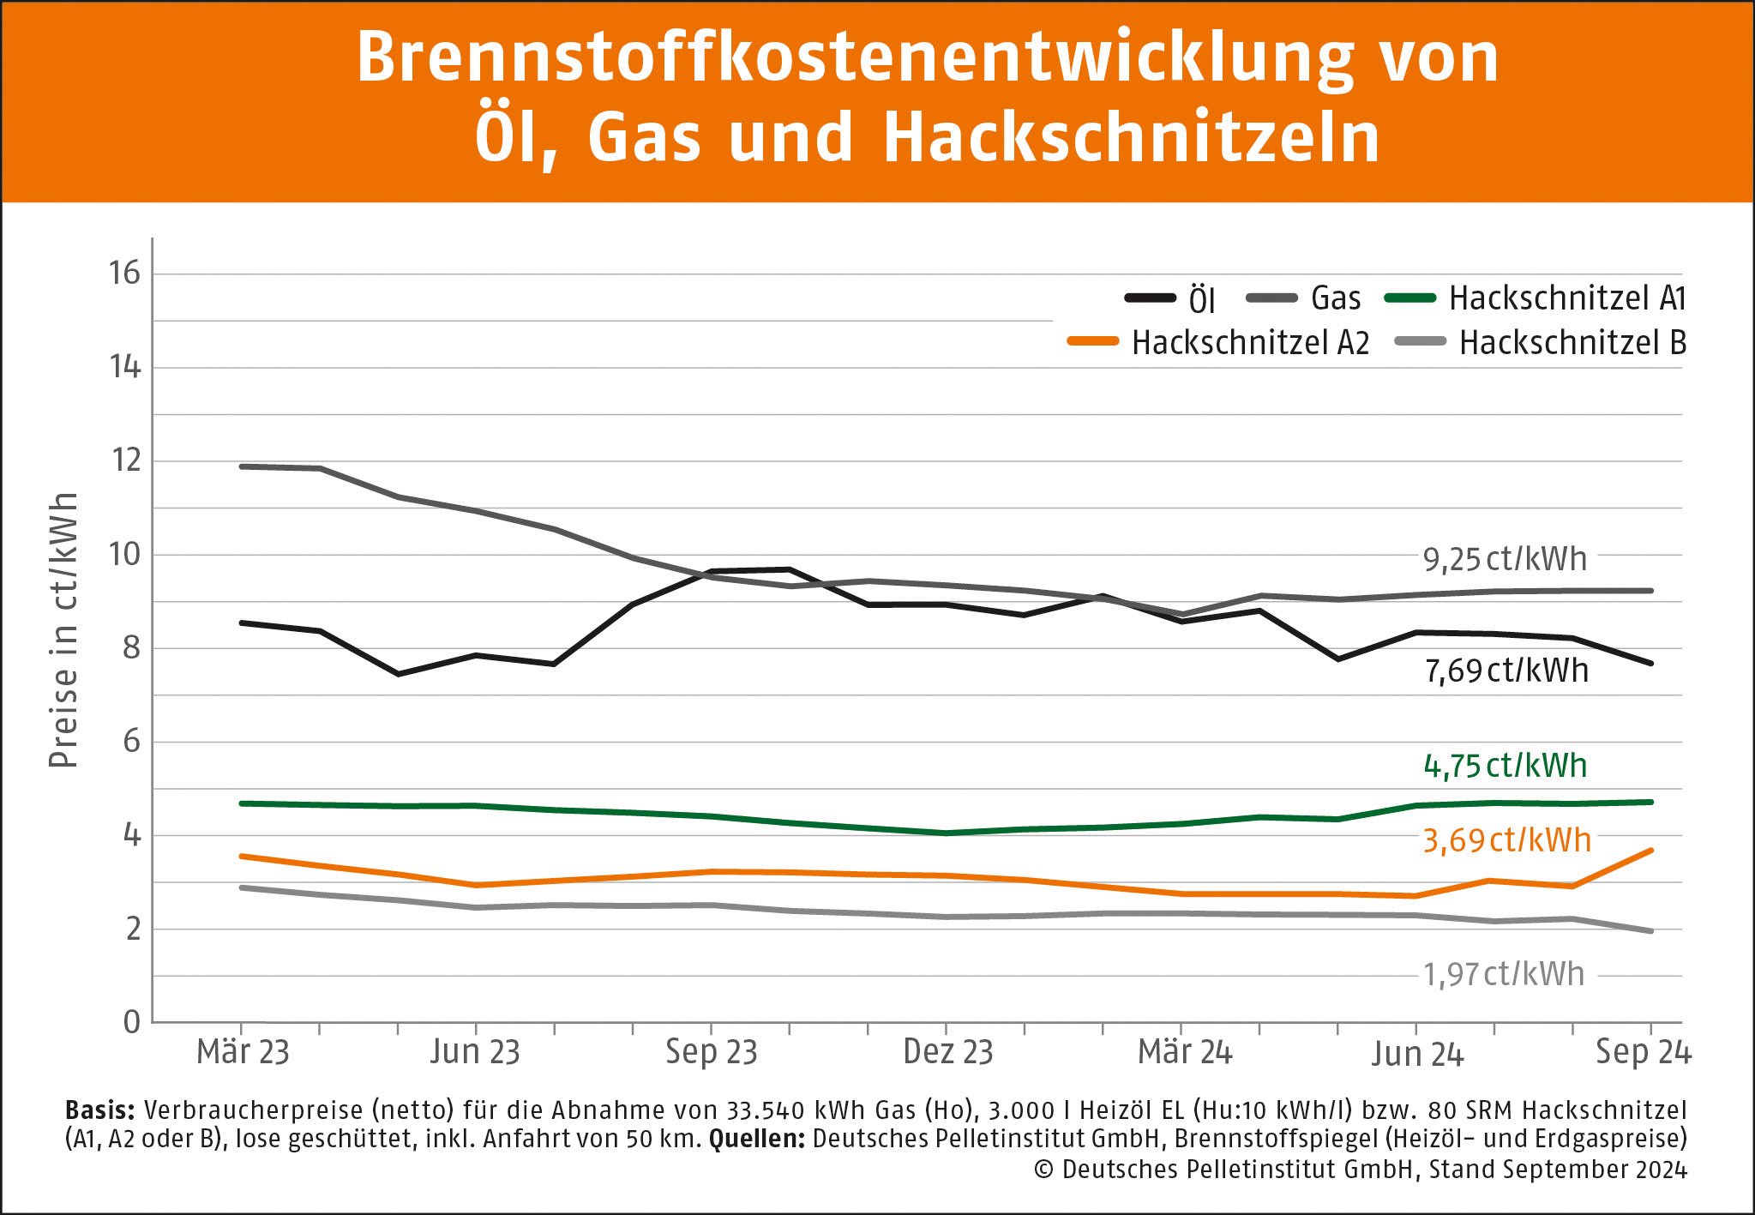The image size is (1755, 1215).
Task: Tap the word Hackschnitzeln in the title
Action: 1131,137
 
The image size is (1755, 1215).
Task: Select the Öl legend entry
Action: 1171,298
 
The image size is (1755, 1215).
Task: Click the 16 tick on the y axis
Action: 124,274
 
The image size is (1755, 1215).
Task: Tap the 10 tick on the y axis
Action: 124,555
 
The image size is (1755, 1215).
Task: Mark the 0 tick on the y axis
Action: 131,1022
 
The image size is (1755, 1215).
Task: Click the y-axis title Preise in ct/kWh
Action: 63,630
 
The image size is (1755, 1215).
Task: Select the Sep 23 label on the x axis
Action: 712,1052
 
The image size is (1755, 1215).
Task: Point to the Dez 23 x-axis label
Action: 947,1052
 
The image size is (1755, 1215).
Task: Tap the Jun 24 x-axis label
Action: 1416,1054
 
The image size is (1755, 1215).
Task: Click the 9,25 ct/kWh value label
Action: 1505,560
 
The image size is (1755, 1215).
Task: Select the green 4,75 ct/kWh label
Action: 1505,766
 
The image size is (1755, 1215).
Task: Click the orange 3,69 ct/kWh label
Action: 1506,840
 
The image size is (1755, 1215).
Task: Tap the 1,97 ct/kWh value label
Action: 1503,975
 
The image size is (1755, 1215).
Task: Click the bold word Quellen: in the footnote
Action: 756,1140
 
